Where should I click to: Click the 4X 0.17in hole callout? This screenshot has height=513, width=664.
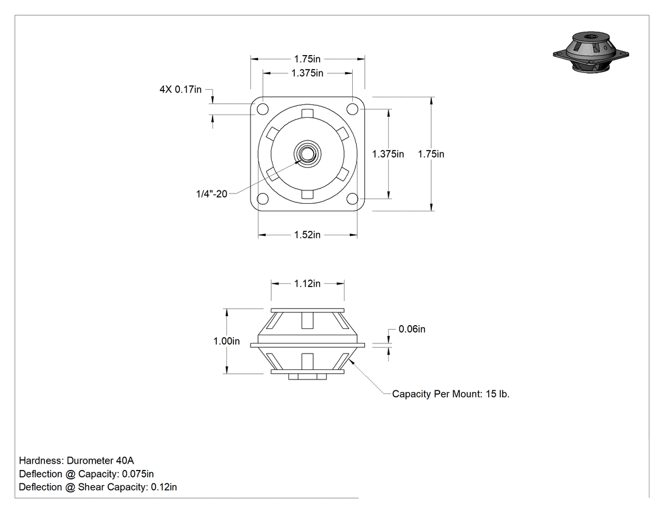pyautogui.click(x=180, y=89)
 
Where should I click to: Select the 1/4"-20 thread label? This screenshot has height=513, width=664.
pyautogui.click(x=212, y=194)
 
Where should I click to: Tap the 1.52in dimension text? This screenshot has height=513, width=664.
pyautogui.click(x=307, y=235)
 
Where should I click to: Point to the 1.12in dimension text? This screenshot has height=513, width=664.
pyautogui.click(x=307, y=283)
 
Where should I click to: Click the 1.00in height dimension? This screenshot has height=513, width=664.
pyautogui.click(x=226, y=341)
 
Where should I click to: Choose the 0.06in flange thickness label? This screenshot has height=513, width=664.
pyautogui.click(x=412, y=329)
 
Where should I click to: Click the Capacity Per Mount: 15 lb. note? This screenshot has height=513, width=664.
pyautogui.click(x=451, y=394)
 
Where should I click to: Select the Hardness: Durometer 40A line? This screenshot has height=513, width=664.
pyautogui.click(x=77, y=460)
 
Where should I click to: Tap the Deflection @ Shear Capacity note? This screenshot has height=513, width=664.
pyautogui.click(x=98, y=487)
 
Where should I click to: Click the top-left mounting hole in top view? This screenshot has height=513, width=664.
pyautogui.click(x=262, y=109)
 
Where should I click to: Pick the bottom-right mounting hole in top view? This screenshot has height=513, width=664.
pyautogui.click(x=352, y=199)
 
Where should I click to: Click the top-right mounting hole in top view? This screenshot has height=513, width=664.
pyautogui.click(x=352, y=109)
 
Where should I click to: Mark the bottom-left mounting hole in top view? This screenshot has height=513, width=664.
pyautogui.click(x=262, y=199)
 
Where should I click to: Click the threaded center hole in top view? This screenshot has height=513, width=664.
pyautogui.click(x=307, y=154)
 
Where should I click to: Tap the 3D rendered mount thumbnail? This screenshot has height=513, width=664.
pyautogui.click(x=591, y=52)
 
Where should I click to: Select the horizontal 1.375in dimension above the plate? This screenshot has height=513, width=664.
pyautogui.click(x=307, y=73)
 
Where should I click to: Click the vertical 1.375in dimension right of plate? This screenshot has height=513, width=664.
pyautogui.click(x=388, y=154)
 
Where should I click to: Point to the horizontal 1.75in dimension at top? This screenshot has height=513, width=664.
pyautogui.click(x=307, y=59)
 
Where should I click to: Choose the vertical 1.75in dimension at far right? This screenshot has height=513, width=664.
pyautogui.click(x=431, y=154)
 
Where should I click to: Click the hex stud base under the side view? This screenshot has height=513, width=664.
pyautogui.click(x=307, y=376)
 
